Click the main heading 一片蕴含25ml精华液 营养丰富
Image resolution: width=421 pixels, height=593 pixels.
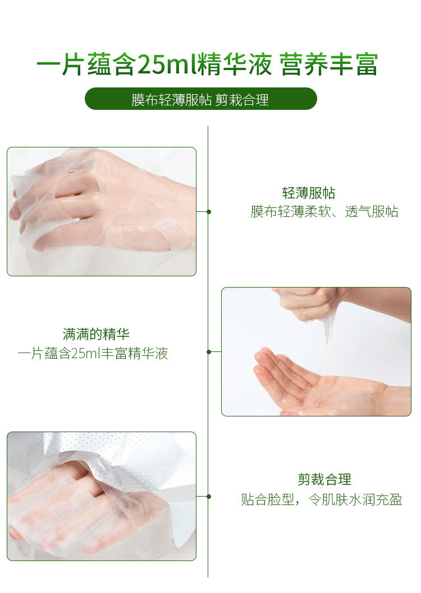tap(207, 64)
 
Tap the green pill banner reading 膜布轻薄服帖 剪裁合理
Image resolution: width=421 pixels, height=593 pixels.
tap(200, 99)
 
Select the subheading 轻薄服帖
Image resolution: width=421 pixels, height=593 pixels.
tap(309, 193)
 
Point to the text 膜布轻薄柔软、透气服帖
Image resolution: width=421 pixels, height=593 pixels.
tap(324, 211)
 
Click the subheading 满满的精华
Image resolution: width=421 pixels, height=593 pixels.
tap(96, 334)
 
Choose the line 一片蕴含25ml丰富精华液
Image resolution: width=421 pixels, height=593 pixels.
tap(93, 353)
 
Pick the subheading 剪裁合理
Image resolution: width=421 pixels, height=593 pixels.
tap(324, 480)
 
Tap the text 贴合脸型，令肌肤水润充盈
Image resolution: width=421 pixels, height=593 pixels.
tap(322, 499)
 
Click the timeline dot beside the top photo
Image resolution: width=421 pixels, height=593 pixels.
tap(209, 212)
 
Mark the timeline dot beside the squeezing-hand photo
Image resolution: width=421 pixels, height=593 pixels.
tap(209, 352)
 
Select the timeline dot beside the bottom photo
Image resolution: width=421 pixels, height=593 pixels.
tap(209, 497)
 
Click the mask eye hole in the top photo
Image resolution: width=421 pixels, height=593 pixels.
tap(77, 193)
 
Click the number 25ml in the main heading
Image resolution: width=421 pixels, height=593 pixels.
tap(167, 64)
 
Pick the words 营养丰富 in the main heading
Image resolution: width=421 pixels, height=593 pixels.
tap(329, 64)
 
